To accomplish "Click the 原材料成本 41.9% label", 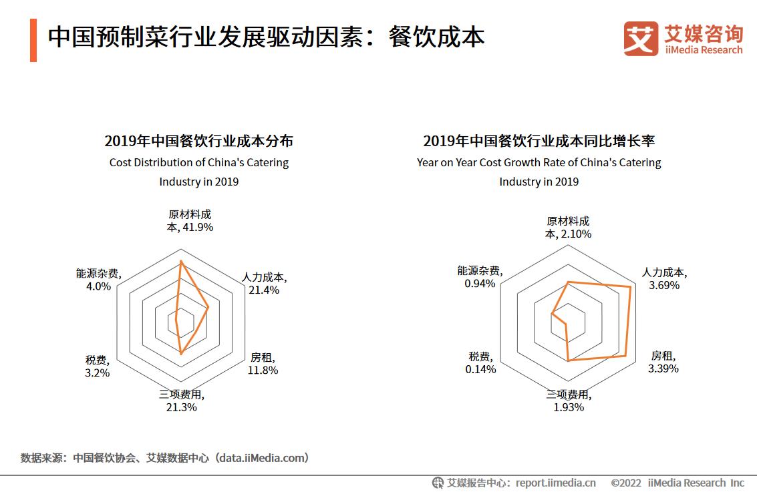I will (190, 221).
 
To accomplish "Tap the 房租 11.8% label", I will (263, 364).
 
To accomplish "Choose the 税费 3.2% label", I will (97, 366).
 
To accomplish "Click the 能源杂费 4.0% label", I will (98, 280).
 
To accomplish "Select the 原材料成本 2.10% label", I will (568, 228).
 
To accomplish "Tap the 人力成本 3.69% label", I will (664, 279).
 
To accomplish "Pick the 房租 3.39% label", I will (664, 362).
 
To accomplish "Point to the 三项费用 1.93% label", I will (569, 401).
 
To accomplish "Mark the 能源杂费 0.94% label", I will (480, 277).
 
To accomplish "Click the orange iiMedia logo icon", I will (640, 39).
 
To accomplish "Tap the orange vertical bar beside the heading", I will (33, 39).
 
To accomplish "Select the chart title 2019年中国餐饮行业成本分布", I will (198, 141).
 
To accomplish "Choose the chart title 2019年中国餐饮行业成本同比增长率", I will (539, 141).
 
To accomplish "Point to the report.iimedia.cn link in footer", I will (556, 483).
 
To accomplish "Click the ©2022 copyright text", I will (626, 483).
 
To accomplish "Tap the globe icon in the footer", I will (438, 483).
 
